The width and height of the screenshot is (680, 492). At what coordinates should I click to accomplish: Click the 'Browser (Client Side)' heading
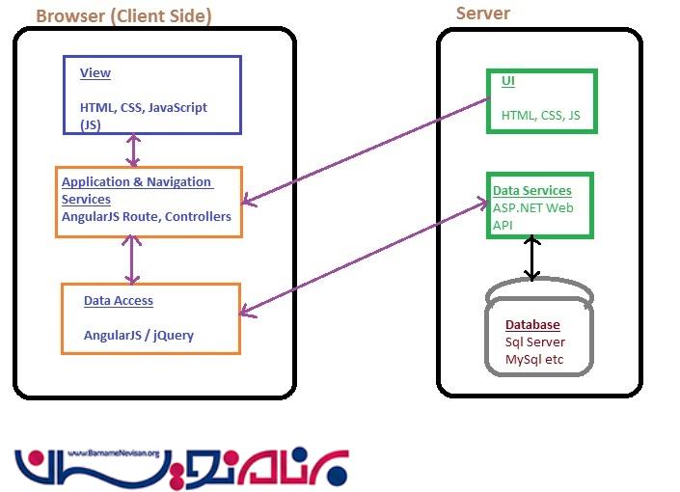[x=123, y=16]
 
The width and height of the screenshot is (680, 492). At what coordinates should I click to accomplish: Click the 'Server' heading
[x=482, y=13]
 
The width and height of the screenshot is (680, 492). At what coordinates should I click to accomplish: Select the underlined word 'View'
[x=95, y=73]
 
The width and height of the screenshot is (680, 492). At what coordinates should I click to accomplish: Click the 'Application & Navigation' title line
[x=137, y=182]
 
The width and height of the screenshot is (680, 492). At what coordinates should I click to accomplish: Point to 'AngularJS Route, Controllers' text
[x=146, y=217]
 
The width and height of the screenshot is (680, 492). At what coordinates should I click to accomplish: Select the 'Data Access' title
[x=118, y=301]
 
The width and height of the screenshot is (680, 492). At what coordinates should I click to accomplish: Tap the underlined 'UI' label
[x=507, y=81]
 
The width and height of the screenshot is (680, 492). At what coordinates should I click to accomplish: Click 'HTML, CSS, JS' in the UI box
[x=540, y=116]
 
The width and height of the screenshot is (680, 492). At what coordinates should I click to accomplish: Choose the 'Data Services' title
[x=531, y=191]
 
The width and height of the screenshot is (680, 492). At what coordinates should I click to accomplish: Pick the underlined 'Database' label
[x=532, y=325]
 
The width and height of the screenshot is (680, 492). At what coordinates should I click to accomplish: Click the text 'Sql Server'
[x=535, y=342]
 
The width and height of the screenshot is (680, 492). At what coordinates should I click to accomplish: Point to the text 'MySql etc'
[x=533, y=360]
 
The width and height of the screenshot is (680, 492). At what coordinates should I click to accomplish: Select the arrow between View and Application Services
[x=134, y=150]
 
